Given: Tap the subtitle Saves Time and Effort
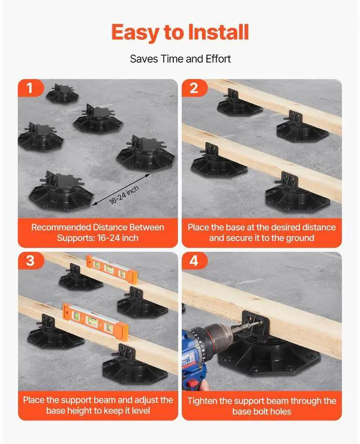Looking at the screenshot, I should (x=180, y=58).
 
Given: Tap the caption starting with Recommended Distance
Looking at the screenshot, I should (x=98, y=233).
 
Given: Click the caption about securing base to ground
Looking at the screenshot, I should (x=262, y=233).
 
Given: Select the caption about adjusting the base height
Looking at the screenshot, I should (x=98, y=406).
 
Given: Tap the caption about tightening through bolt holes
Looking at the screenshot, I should (x=262, y=406).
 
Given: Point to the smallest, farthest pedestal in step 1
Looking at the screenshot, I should (x=61, y=93).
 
